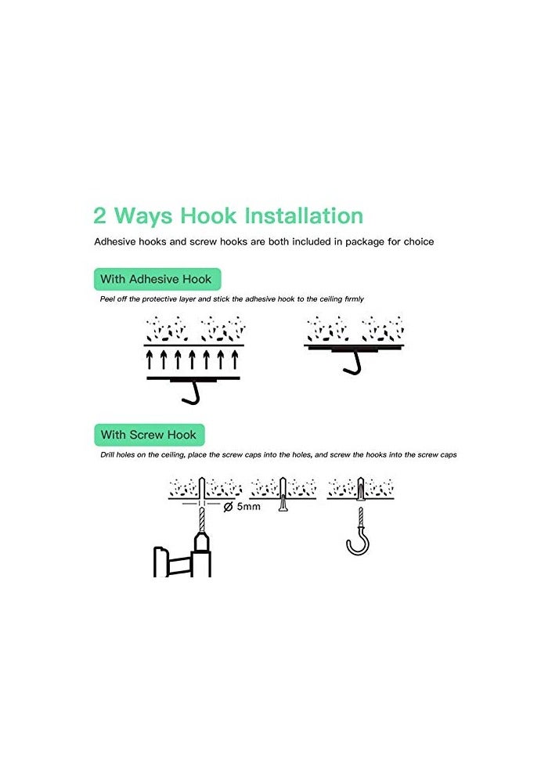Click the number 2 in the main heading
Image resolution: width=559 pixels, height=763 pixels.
coord(101,216)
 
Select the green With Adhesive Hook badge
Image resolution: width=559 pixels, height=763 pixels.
coord(157,279)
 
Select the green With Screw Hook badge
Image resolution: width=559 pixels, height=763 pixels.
coord(149,434)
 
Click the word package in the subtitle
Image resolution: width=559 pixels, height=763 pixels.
coord(359,242)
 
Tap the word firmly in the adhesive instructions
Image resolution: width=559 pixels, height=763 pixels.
coord(354,299)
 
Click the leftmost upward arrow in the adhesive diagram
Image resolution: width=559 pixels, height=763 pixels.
coord(150,360)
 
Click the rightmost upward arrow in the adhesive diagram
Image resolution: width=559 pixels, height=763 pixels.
coord(234,360)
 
